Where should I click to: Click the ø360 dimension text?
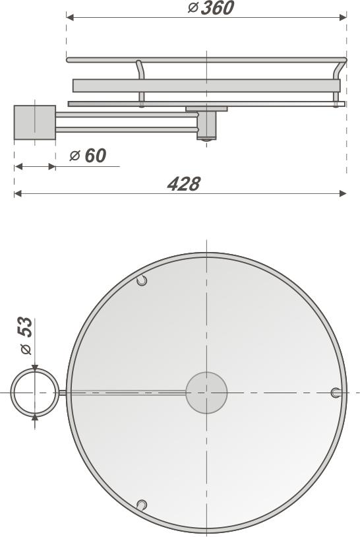point(211,7)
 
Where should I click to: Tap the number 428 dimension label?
point(184,184)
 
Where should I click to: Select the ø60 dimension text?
point(88,156)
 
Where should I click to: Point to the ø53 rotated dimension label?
point(26,336)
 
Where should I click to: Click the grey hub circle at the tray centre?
point(206,393)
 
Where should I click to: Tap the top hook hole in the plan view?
point(142,280)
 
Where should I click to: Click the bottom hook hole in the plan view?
point(142,505)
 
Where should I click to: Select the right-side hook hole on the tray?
point(336,393)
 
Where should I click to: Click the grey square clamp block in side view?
point(34,123)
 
